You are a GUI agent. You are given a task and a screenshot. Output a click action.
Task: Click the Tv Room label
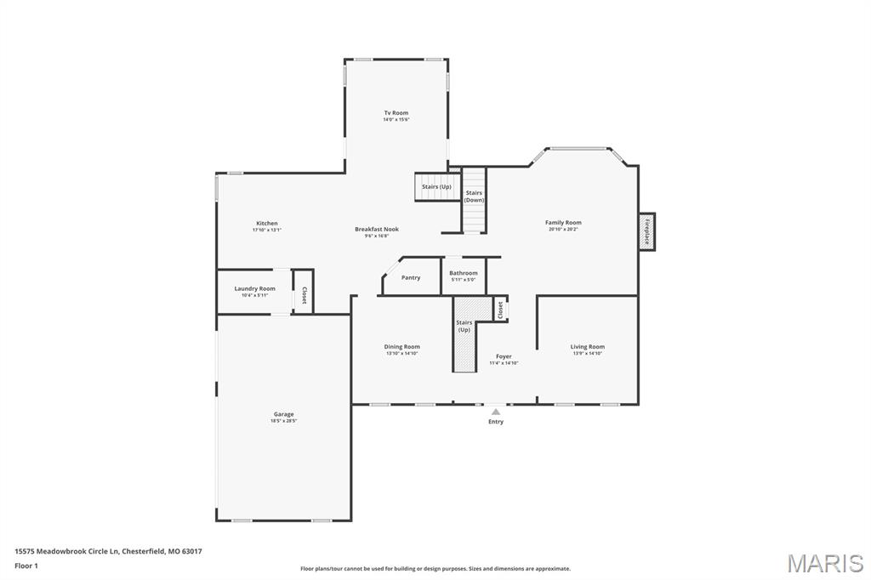396,113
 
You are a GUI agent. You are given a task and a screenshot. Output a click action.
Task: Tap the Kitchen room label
266,224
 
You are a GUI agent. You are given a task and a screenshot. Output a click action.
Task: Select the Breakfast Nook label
376,230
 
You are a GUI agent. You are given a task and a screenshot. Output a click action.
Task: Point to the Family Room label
563,223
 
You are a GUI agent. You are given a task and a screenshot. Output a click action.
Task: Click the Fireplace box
646,230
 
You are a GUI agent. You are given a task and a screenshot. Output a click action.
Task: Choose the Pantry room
411,277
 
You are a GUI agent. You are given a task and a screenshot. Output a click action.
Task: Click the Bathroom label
464,274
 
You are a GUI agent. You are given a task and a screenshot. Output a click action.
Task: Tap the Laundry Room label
254,289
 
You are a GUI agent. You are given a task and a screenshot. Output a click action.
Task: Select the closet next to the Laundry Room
304,292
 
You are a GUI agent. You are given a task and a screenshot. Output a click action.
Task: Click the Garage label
283,415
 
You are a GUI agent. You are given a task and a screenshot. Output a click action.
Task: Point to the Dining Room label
401,347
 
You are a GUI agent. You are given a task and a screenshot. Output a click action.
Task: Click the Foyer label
504,357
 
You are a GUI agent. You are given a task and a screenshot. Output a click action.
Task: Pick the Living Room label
587,347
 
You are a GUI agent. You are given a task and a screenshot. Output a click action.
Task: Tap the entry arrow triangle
496,412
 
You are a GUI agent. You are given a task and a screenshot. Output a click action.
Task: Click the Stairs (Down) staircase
474,201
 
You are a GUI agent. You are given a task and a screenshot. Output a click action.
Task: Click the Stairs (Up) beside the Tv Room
436,187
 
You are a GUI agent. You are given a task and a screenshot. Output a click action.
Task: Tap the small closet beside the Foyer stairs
501,309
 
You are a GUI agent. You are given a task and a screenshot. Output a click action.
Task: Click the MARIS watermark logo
824,563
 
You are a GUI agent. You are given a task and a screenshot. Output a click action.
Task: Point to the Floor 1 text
26,565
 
